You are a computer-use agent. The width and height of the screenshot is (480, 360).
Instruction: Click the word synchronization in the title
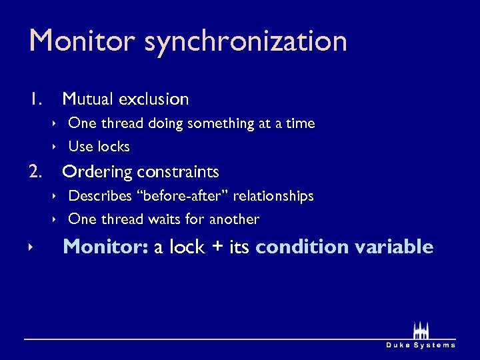(x=245, y=42)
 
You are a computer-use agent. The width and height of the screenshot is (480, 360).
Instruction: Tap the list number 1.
(x=36, y=99)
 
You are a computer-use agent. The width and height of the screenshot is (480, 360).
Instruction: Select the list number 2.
(x=37, y=172)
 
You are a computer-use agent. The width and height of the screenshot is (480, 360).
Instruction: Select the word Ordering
(x=97, y=173)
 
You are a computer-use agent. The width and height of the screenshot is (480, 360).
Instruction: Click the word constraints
(x=178, y=172)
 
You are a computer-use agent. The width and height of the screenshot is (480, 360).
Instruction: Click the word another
(x=234, y=219)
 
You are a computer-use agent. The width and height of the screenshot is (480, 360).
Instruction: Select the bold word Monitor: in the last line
(x=105, y=247)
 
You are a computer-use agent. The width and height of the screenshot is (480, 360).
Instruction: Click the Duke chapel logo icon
(x=421, y=331)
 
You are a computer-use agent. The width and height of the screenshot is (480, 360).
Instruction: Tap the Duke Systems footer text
(x=421, y=345)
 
